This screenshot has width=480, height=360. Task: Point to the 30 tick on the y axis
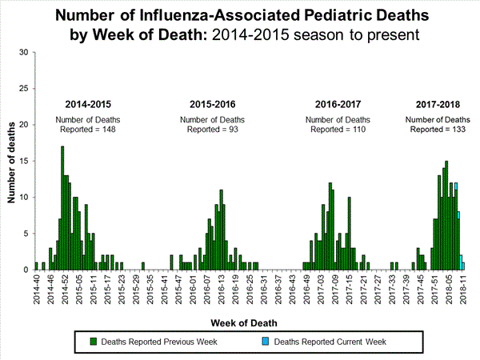click(25, 53)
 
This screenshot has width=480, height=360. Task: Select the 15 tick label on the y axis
click(25, 161)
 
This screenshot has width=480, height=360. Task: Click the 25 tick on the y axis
click(25, 89)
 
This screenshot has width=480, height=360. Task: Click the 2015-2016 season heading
click(214, 105)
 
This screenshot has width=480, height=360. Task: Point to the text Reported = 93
click(214, 129)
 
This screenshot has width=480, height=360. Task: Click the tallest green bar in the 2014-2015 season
click(62, 208)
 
